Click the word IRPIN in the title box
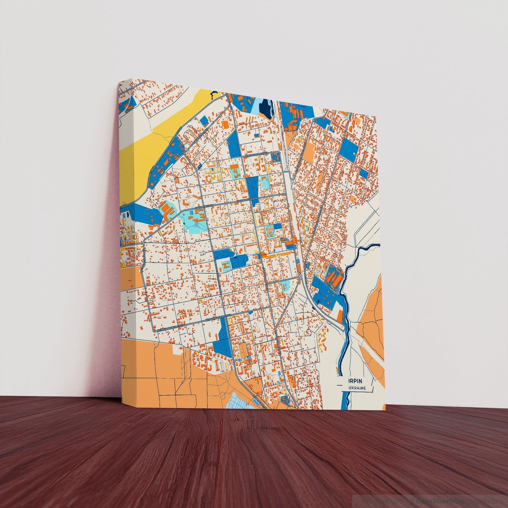[355, 381]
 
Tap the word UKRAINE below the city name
[357, 388]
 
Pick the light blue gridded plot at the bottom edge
[243, 401]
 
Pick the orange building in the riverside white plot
[340, 315]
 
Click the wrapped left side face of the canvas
[127, 246]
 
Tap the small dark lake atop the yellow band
[213, 94]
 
